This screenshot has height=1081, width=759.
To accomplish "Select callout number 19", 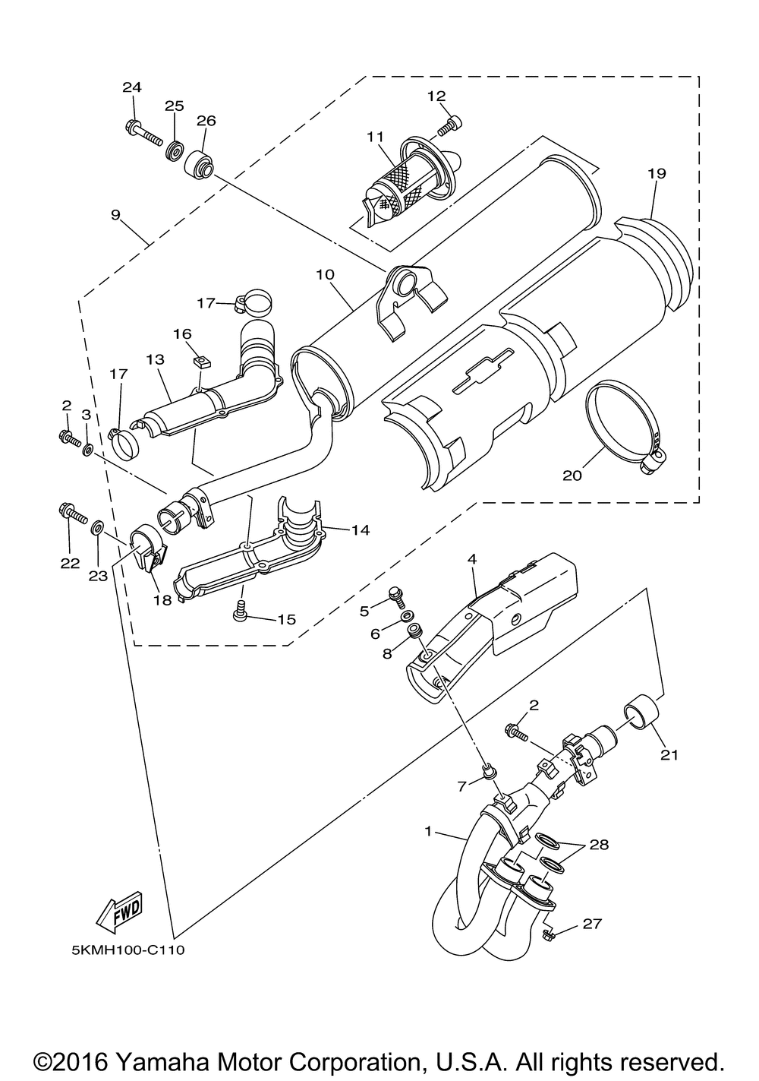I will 657,173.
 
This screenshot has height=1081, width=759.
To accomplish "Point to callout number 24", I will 132,87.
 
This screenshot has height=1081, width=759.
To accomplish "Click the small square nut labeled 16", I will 200,362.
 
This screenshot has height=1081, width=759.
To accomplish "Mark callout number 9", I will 115,215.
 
